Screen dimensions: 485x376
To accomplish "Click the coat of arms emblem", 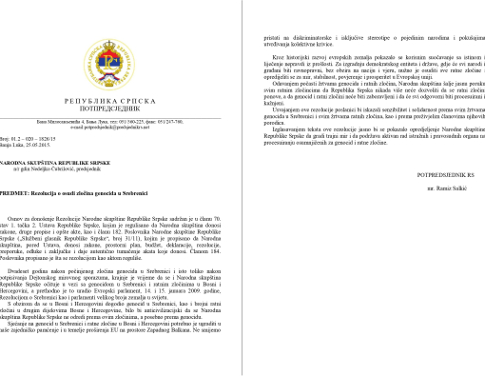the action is pyautogui.click(x=122, y=56).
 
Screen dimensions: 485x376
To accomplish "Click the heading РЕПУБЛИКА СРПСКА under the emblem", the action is pyautogui.click(x=122, y=98).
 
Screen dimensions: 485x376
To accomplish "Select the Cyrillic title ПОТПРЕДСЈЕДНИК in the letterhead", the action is pyautogui.click(x=122, y=108).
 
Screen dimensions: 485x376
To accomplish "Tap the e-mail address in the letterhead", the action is pyautogui.click(x=122, y=127).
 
